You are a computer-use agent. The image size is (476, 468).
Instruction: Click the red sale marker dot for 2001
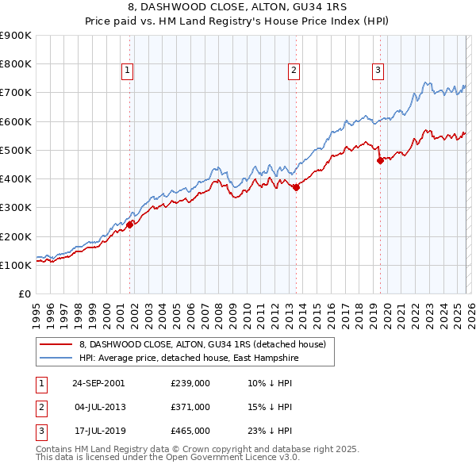(130, 224)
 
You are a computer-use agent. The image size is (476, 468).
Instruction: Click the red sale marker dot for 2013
(296, 187)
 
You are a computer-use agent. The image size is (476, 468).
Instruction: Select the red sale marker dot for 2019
(380, 160)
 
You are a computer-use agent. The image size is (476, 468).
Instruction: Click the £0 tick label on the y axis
(25, 293)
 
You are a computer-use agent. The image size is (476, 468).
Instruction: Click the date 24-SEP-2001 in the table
(98, 383)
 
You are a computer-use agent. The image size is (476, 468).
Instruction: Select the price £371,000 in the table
(190, 407)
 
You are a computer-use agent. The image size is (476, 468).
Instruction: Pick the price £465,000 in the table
(190, 431)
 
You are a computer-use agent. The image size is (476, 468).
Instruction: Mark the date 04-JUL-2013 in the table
(98, 407)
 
